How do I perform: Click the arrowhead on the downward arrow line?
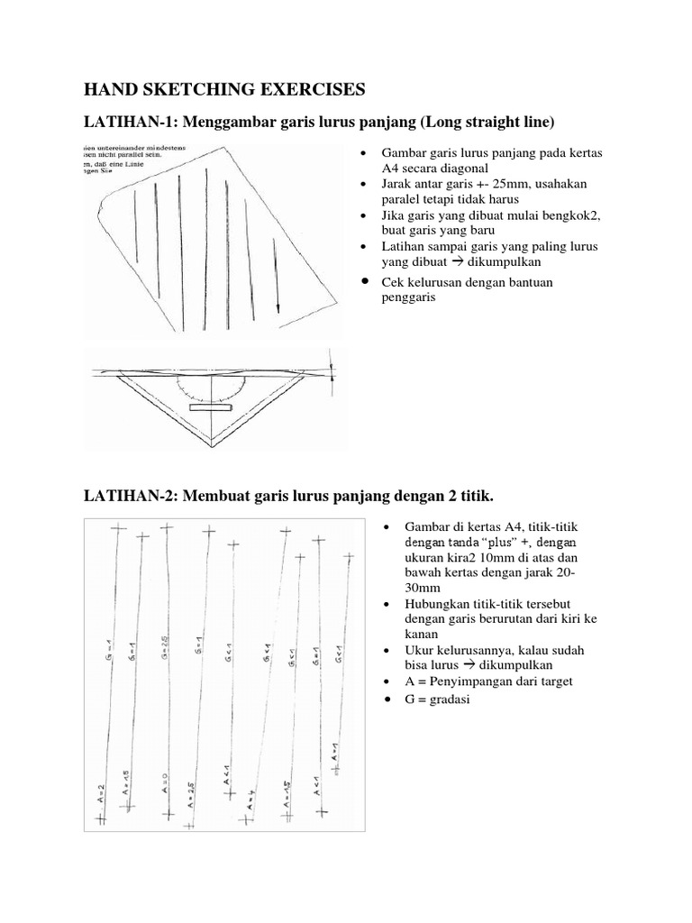tap(278, 307)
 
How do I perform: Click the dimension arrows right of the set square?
tap(332, 370)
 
